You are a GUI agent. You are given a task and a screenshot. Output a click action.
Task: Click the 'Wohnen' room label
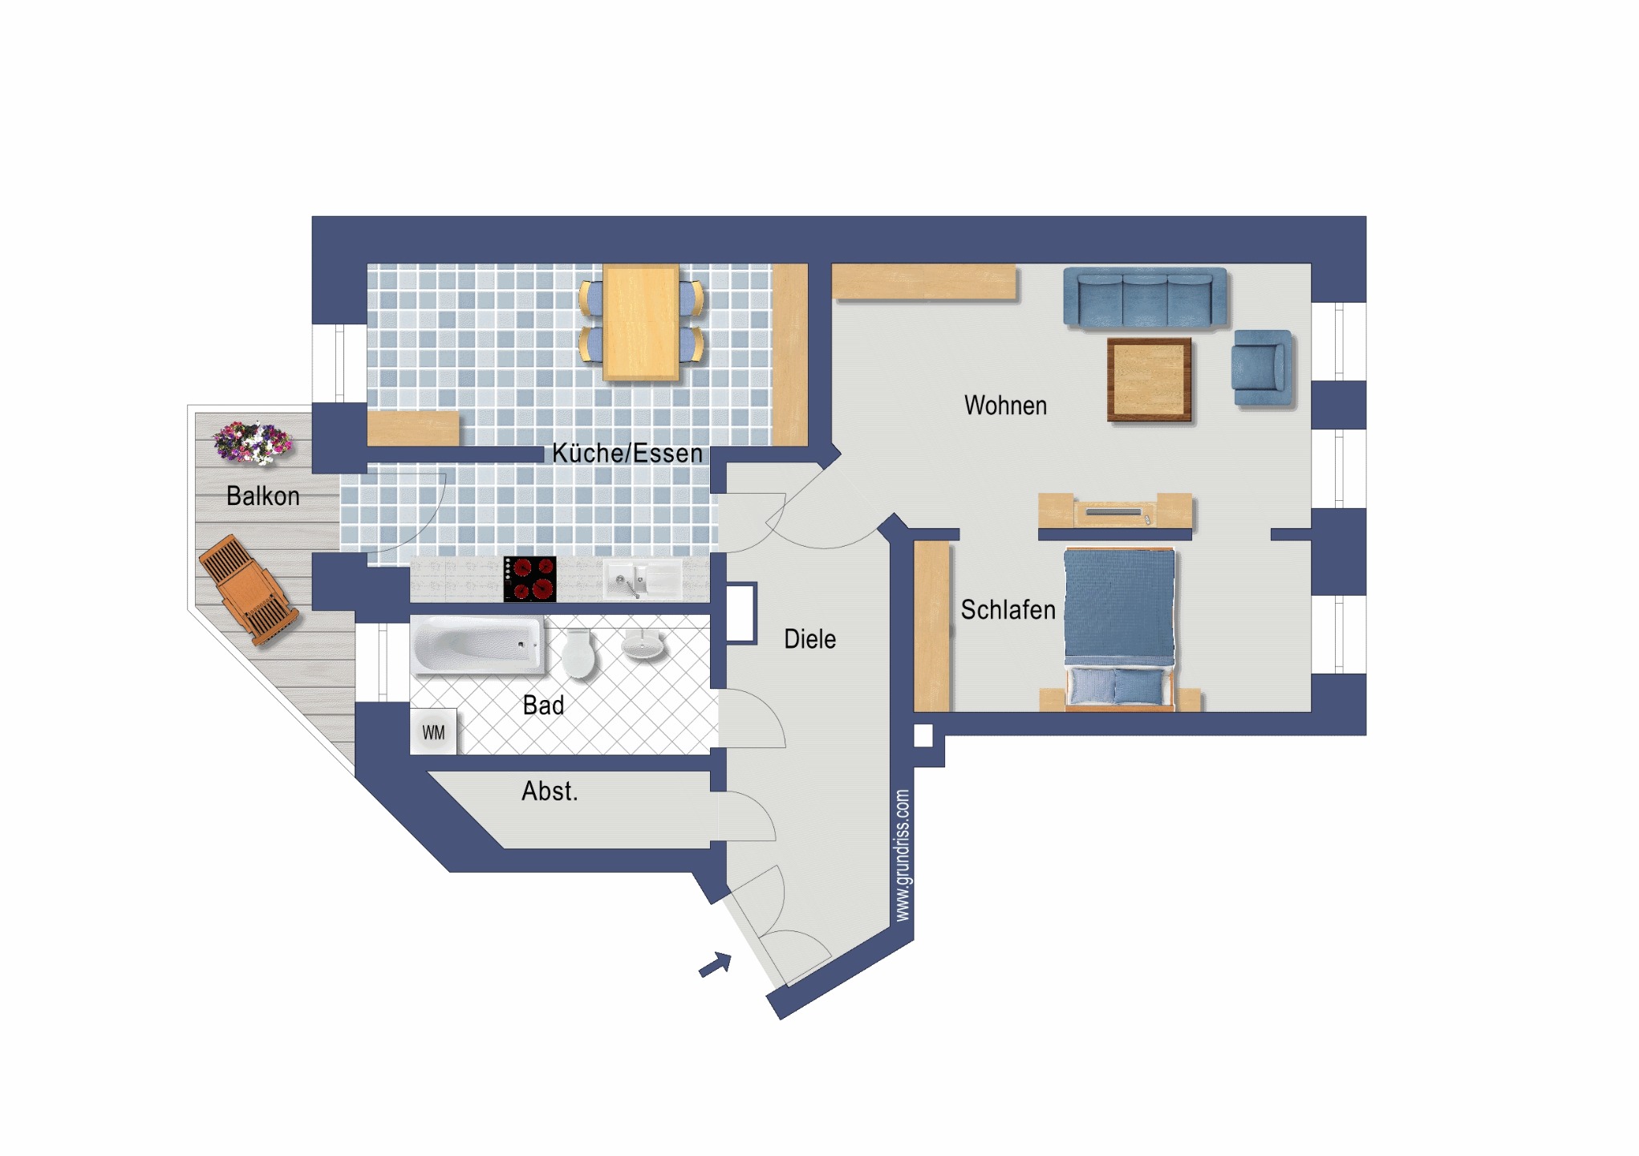tap(1005, 405)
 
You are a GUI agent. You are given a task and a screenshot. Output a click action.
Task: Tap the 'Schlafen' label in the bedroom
tap(1008, 610)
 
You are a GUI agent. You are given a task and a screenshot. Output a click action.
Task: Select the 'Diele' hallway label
tap(809, 639)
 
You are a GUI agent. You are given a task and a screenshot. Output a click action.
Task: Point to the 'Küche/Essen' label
tap(627, 453)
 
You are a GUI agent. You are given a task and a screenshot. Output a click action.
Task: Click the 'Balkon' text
tap(263, 496)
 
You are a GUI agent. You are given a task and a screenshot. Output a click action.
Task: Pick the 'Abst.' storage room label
tap(550, 792)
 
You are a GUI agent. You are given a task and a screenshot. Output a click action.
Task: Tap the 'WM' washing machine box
tap(433, 732)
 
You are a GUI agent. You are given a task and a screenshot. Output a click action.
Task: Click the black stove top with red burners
tap(529, 579)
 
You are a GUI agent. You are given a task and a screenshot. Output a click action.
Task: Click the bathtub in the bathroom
tap(477, 645)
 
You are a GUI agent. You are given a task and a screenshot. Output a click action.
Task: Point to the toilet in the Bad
tap(578, 652)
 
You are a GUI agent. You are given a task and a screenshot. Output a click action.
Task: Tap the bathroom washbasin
tap(643, 645)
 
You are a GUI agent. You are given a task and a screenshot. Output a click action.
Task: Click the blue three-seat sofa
tap(1145, 298)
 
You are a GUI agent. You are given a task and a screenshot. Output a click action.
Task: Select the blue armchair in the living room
tap(1263, 368)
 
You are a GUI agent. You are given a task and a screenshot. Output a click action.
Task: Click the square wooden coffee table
tap(1149, 380)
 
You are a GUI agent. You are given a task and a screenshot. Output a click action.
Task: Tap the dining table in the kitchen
tap(641, 323)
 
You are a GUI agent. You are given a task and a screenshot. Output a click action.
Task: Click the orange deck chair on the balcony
tap(249, 590)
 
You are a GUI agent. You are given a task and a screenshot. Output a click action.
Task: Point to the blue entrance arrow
tap(716, 964)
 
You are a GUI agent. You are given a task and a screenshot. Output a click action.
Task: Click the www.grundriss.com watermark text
tap(903, 856)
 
